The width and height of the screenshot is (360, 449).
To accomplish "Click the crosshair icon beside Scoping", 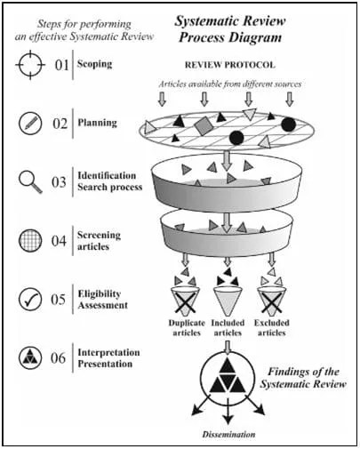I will pyautogui.click(x=31, y=67).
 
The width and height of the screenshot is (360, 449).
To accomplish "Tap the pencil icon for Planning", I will pyautogui.click(x=31, y=124).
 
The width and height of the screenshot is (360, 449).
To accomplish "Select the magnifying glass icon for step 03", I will pyautogui.click(x=31, y=182).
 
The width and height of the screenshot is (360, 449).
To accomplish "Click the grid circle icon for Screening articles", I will pyautogui.click(x=31, y=240).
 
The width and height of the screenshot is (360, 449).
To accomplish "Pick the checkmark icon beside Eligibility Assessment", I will pyautogui.click(x=31, y=299).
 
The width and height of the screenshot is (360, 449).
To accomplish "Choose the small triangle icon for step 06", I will pyautogui.click(x=31, y=357).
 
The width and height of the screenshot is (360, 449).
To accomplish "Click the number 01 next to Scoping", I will pyautogui.click(x=59, y=67).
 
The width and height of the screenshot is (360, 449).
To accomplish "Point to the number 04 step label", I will pyautogui.click(x=59, y=241).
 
